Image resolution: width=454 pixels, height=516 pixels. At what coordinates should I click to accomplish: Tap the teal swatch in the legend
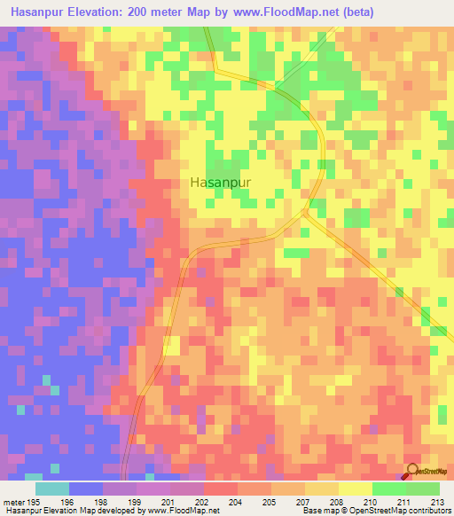pyautogui.click(x=52, y=489)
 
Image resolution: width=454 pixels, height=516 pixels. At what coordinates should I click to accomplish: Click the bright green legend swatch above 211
pyautogui.click(x=389, y=489)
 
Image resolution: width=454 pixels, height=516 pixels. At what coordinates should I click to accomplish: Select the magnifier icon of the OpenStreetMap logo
pyautogui.click(x=412, y=473)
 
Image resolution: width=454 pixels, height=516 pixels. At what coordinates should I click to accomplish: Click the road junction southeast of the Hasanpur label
pyautogui.click(x=304, y=212)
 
